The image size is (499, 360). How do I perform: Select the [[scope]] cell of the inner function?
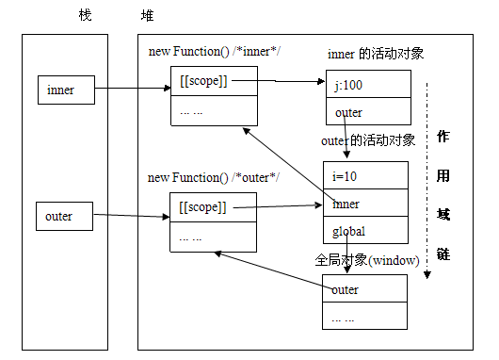pos(214,82)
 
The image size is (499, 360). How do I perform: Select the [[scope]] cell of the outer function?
pos(214,207)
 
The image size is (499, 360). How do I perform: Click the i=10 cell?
pos(365,175)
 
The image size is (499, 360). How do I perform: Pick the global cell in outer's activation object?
pos(365,229)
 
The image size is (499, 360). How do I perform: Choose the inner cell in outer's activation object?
pos(365,203)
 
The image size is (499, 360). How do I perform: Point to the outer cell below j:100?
pos(367,113)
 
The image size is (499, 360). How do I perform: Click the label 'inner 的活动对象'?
pos(375,54)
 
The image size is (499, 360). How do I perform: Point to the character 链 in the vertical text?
pos(443,254)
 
